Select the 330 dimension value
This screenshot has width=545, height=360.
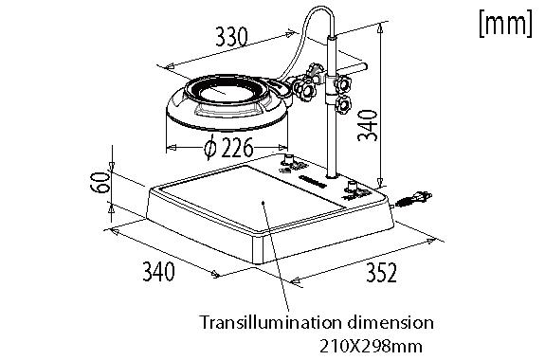(231, 37)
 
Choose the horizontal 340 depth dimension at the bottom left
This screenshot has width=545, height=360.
(158, 274)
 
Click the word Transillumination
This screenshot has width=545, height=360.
(263, 321)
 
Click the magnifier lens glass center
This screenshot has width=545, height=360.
(225, 94)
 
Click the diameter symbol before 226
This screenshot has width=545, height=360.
(209, 148)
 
